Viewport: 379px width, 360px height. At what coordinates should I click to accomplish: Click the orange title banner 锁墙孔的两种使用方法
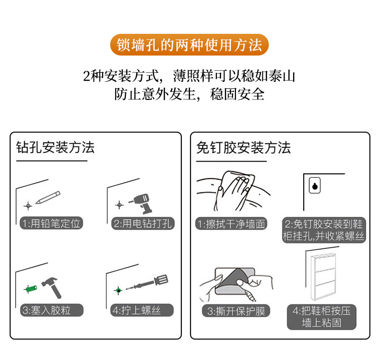[x=189, y=45]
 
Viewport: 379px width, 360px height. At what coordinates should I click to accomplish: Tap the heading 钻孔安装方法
[x=55, y=147]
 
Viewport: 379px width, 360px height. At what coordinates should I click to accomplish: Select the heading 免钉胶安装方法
[x=243, y=147]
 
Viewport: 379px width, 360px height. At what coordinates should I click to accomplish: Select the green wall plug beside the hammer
[x=32, y=289]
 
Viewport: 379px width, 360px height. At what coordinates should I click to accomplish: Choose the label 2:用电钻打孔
[x=143, y=224]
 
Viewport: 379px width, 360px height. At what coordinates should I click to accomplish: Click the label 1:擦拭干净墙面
[x=231, y=224]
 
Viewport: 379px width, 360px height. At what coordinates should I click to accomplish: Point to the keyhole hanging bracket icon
[x=314, y=186]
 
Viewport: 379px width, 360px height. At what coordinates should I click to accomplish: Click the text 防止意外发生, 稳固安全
[x=189, y=94]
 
